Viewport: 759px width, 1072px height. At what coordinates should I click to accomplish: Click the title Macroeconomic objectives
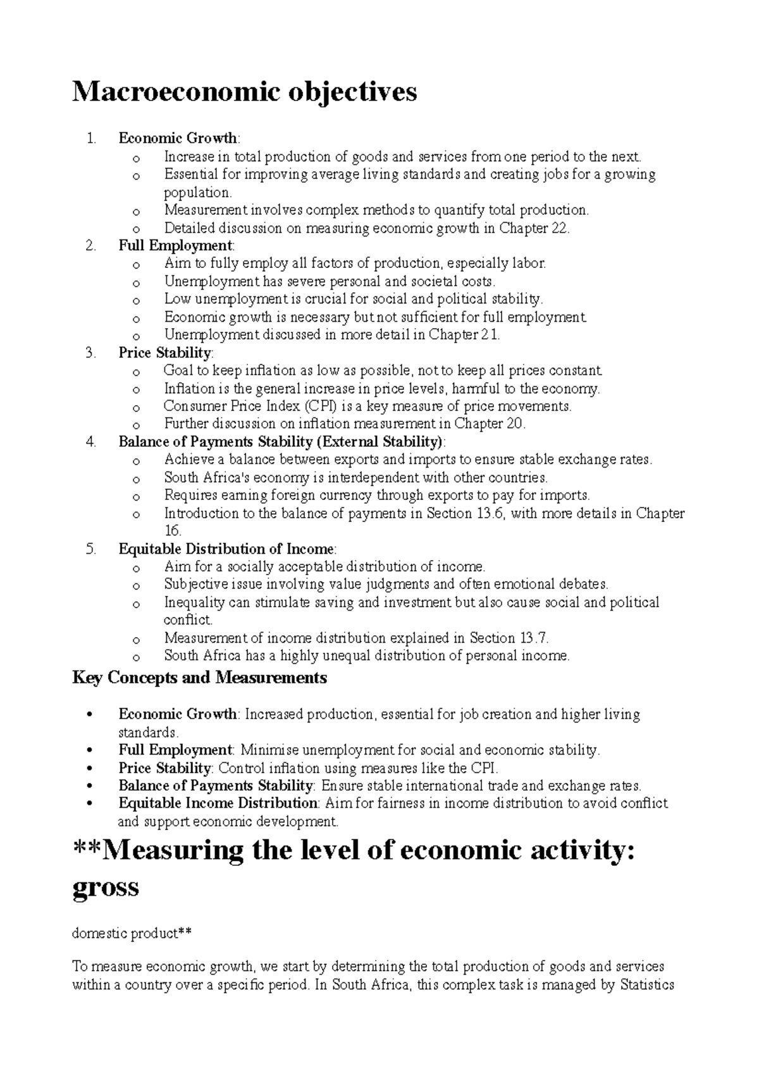pyautogui.click(x=245, y=92)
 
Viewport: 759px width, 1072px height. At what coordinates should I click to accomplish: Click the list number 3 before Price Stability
pyautogui.click(x=90, y=353)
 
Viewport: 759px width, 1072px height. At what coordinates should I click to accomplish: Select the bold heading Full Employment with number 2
pyautogui.click(x=175, y=245)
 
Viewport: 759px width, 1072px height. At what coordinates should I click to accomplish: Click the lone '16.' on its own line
pyautogui.click(x=173, y=531)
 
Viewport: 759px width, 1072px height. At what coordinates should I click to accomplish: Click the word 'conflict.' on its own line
pyautogui.click(x=188, y=620)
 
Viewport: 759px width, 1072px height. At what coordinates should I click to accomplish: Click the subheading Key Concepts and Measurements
pyautogui.click(x=200, y=678)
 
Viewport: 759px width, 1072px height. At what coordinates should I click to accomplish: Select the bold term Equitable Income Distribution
pyautogui.click(x=218, y=803)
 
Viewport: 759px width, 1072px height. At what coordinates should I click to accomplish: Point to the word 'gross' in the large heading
pyautogui.click(x=106, y=887)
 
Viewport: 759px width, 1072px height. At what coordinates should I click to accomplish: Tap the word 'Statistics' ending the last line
pyautogui.click(x=647, y=985)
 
